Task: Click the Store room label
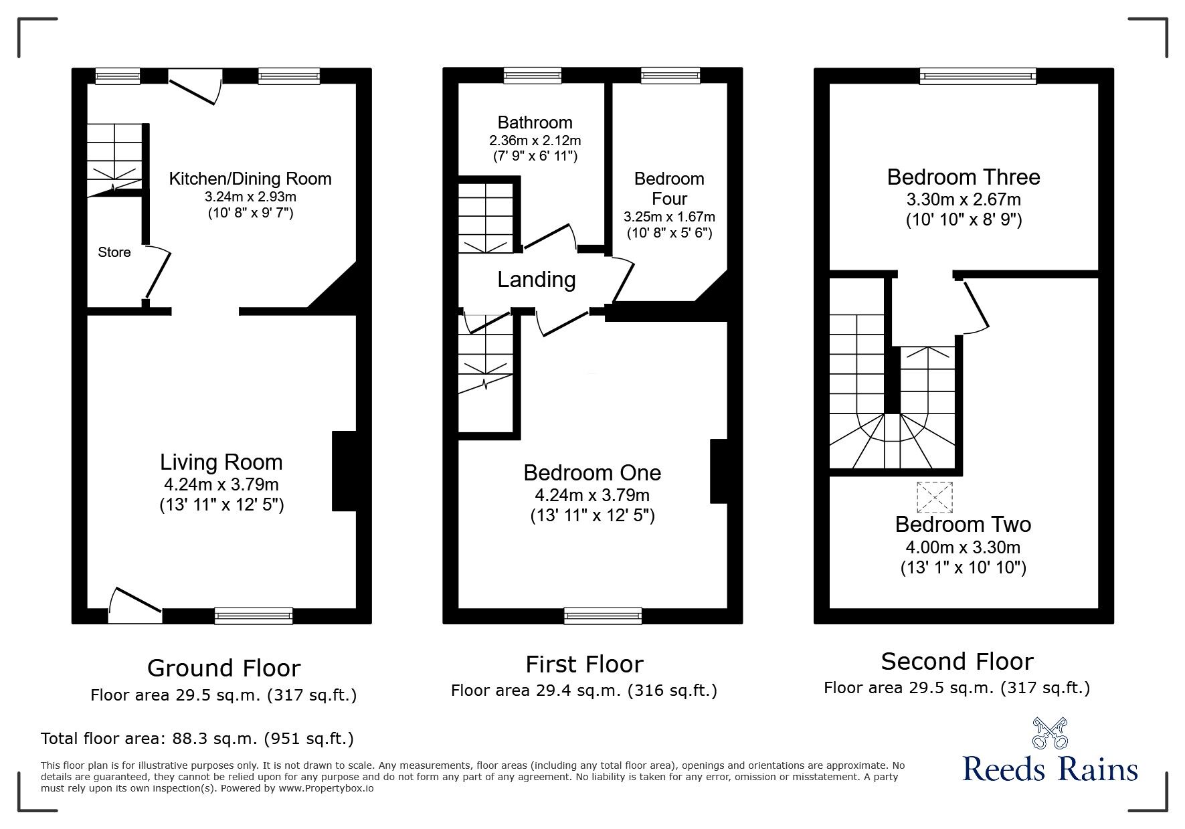(114, 252)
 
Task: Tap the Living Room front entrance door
(136, 601)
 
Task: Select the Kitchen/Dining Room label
(250, 179)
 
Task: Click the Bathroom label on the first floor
(535, 122)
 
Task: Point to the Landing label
(536, 280)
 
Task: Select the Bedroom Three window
(978, 76)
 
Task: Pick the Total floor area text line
(197, 739)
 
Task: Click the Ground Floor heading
(223, 668)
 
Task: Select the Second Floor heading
(957, 662)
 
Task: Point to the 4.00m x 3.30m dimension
(963, 548)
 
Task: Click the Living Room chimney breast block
(344, 472)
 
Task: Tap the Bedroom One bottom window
(602, 616)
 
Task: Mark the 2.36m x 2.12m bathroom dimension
(535, 141)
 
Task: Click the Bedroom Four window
(670, 76)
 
